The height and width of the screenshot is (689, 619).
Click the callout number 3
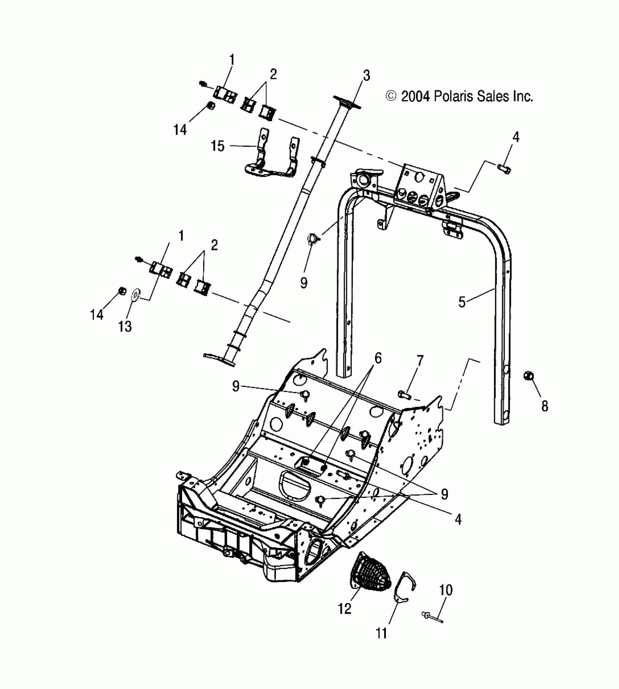click(366, 76)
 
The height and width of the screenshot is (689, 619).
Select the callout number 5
click(462, 302)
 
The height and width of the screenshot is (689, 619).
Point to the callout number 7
click(420, 361)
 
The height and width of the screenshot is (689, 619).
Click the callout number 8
click(544, 406)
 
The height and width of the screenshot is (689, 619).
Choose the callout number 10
click(446, 590)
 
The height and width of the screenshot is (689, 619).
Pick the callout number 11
click(381, 633)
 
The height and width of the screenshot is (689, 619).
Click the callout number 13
click(125, 326)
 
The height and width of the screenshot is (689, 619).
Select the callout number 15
click(218, 146)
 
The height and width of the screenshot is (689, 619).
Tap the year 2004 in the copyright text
click(415, 96)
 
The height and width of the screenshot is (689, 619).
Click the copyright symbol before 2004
click(391, 96)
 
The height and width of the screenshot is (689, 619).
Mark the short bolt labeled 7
click(404, 394)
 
